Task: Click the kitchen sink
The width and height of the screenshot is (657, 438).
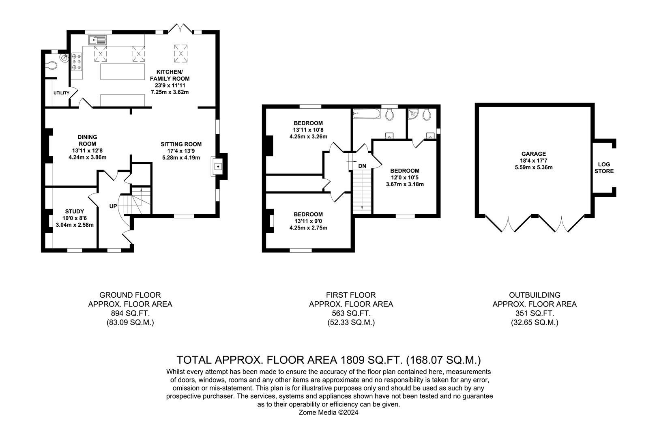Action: [x=97, y=40]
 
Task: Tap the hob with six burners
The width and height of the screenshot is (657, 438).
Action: [x=77, y=61]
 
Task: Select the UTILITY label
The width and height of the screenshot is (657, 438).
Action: [x=61, y=93]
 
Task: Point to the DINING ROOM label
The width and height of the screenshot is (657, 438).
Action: [x=87, y=140]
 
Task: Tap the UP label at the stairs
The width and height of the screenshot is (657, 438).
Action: [x=113, y=206]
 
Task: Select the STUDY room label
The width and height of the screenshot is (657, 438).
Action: [x=75, y=211]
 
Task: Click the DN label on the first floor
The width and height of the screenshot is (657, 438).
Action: [x=362, y=166]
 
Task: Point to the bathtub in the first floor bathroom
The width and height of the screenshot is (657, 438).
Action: [x=367, y=114]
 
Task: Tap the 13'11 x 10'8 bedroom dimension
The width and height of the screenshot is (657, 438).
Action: [x=308, y=130]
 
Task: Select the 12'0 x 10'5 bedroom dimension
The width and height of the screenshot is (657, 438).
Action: [x=405, y=177]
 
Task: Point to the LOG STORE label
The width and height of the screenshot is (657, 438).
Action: [x=604, y=168]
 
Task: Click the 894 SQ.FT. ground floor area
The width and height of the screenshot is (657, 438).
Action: [x=130, y=313]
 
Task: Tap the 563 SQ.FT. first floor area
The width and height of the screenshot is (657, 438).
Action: [x=351, y=313]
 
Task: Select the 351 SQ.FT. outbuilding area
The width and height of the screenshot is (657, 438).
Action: [x=534, y=313]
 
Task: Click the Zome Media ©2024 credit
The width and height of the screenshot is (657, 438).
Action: [x=328, y=413]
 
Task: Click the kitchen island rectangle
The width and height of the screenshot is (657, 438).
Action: [x=123, y=72]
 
